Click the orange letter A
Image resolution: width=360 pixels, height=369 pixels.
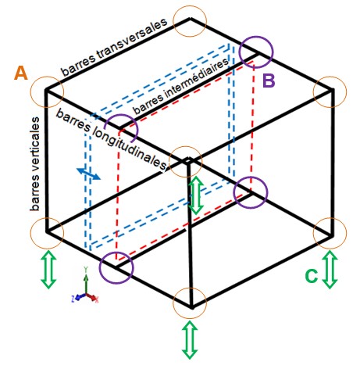(x=21, y=73)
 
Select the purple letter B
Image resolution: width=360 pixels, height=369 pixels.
(x=269, y=81)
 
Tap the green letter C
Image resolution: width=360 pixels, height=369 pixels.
(x=312, y=276)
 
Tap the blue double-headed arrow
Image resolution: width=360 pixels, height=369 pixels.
(x=88, y=174)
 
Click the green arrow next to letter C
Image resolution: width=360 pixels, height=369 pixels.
(x=330, y=269)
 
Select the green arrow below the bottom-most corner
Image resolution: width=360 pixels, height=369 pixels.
(x=190, y=340)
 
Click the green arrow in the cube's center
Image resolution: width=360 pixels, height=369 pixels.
(x=196, y=195)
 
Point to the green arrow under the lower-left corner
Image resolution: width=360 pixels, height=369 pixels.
(x=48, y=270)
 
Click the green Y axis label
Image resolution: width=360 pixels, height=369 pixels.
(x=85, y=268)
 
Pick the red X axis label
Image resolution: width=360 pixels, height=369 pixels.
(x=96, y=299)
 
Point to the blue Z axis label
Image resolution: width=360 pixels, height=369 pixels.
(x=73, y=299)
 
